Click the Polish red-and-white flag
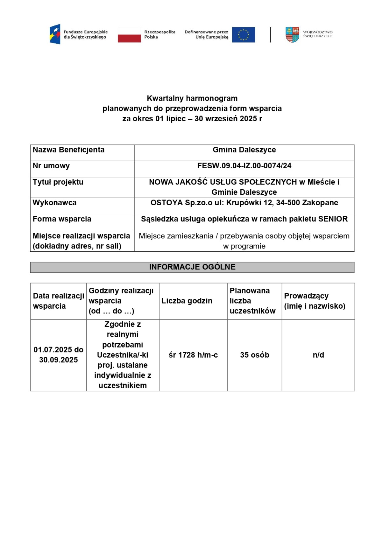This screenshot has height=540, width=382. [x=129, y=34]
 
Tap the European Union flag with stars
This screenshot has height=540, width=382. [x=244, y=34]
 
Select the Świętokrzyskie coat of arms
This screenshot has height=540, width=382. [x=292, y=34]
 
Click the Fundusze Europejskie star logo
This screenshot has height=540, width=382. [x=55, y=34]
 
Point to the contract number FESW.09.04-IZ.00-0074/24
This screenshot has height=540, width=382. [x=244, y=166]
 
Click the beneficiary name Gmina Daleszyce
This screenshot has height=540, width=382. [x=244, y=150]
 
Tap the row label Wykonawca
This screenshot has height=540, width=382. [x=54, y=203]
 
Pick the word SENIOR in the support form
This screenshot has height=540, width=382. [x=333, y=219]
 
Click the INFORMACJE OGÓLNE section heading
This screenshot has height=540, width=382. [x=192, y=267]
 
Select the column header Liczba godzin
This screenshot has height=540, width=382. [x=187, y=301]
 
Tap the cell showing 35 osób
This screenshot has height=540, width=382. [x=255, y=355]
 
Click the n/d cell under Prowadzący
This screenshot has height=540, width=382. [x=318, y=355]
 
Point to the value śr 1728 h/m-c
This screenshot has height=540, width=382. [x=193, y=355]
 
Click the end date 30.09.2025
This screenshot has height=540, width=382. [x=59, y=360]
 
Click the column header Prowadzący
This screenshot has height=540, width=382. [x=306, y=296]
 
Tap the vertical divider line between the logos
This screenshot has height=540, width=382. [x=271, y=34]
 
